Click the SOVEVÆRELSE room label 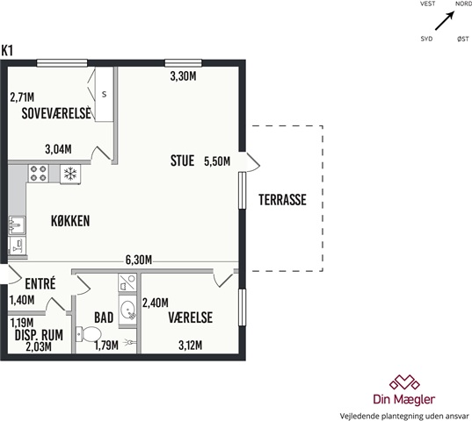coord(56,113)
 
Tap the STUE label coord(182,161)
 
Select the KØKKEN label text coord(70,221)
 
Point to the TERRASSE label coord(282,200)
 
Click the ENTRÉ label coord(40,283)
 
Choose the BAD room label coord(104,318)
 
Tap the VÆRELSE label coord(190,318)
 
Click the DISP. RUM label coord(39,335)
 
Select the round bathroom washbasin coord(128,310)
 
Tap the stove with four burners coord(39,174)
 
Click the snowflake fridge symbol coord(70,174)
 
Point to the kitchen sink coord(17,225)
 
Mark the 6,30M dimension coord(139,260)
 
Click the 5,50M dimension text coord(217,161)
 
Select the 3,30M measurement coord(183,76)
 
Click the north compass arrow coord(444,21)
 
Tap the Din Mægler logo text coord(404,399)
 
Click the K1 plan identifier coord(7,51)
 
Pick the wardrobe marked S coord(104,95)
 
